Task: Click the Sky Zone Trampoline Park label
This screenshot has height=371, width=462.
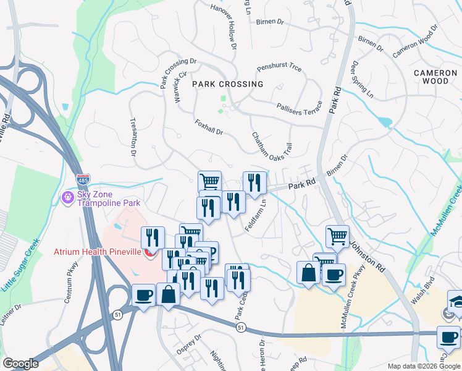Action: [108, 198]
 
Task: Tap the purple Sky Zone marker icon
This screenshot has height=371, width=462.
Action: [67, 197]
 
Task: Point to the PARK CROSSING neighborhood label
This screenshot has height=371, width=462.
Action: [227, 84]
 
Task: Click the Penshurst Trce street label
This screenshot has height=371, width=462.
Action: [279, 67]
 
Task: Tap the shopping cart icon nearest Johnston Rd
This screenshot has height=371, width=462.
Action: [337, 236]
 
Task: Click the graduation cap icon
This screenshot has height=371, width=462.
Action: [456, 301]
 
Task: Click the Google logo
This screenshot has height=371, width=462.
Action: [20, 364]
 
